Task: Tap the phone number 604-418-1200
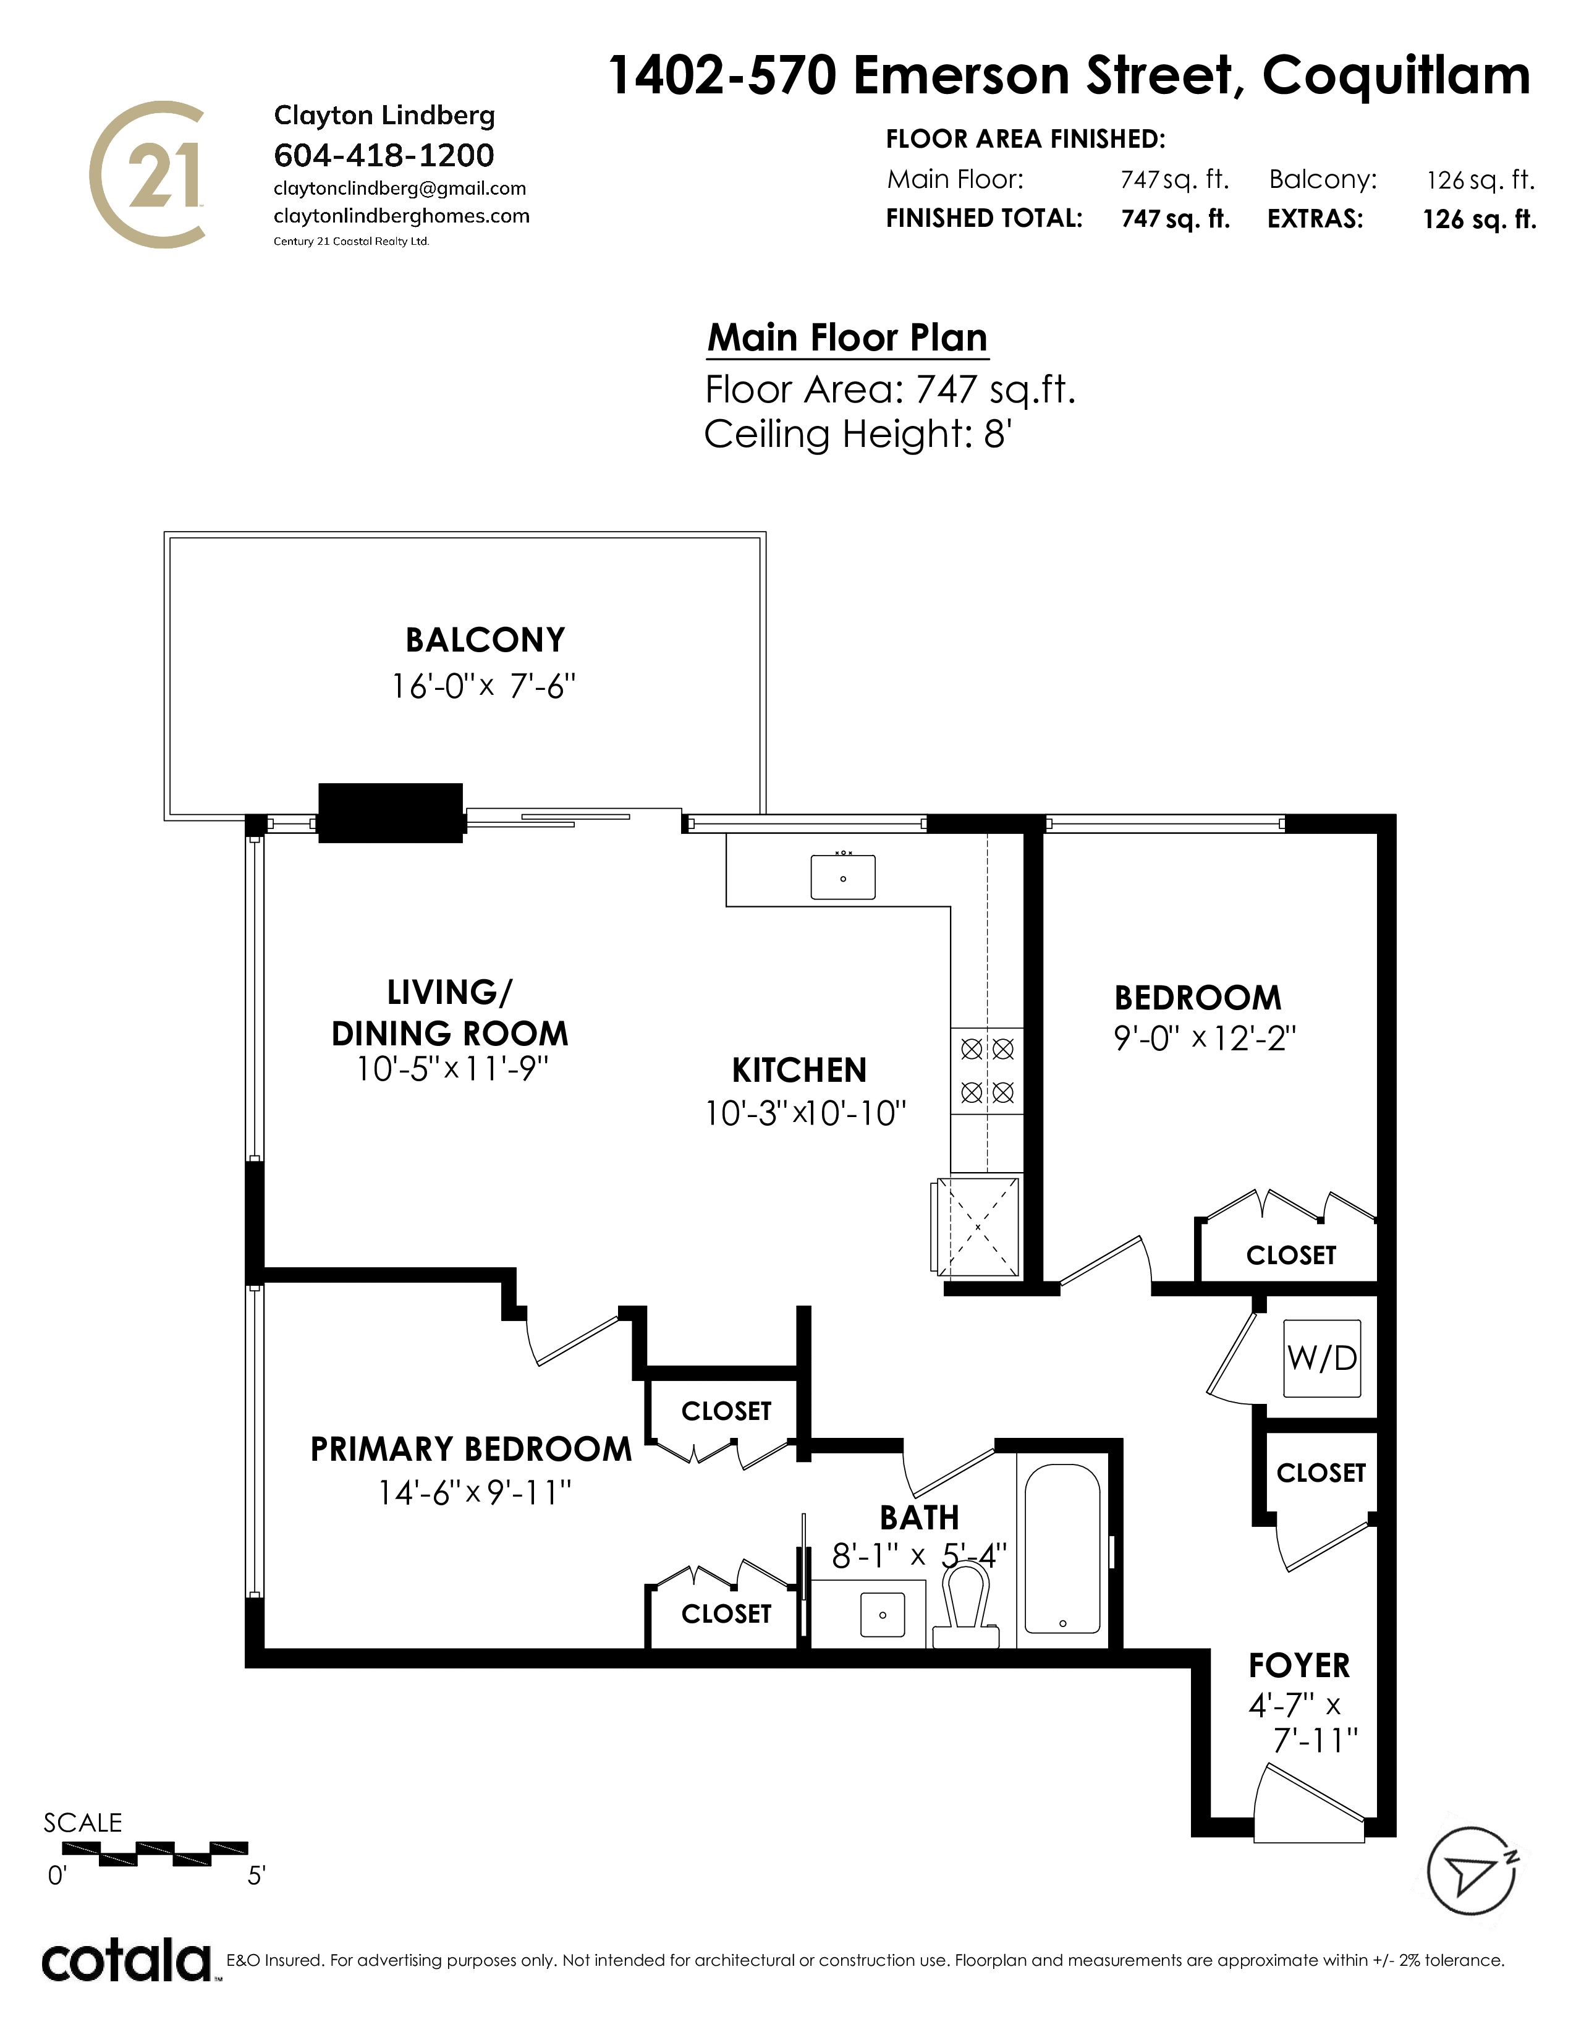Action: click(x=384, y=155)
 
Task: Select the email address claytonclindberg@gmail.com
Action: click(x=400, y=189)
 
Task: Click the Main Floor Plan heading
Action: click(x=847, y=337)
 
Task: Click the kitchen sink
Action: click(x=843, y=876)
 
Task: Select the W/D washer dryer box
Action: click(x=1322, y=1357)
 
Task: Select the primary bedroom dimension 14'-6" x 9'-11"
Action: click(x=474, y=1493)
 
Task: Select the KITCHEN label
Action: click(x=799, y=1069)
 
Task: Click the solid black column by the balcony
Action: click(x=390, y=813)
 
